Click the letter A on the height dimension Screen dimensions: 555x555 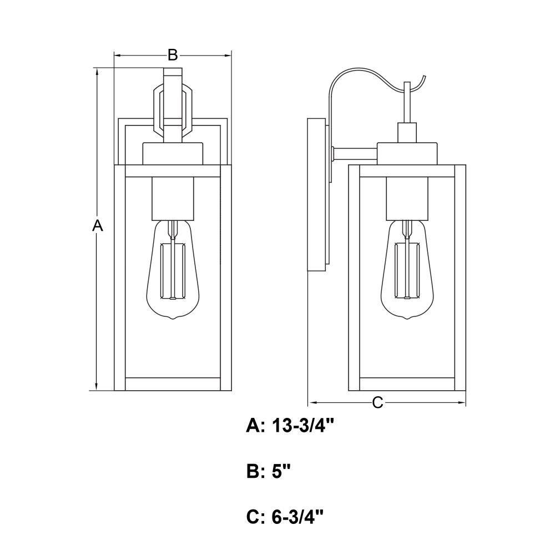pyautogui.click(x=97, y=225)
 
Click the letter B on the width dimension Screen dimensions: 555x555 pyautogui.click(x=173, y=55)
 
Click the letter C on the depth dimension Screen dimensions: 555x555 pyautogui.click(x=377, y=403)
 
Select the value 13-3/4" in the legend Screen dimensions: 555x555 pyautogui.click(x=304, y=426)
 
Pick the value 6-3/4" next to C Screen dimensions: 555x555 pyautogui.click(x=297, y=517)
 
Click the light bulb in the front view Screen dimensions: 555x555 pyautogui.click(x=173, y=270)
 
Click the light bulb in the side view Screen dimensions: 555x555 pyautogui.click(x=407, y=270)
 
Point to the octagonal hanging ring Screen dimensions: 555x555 pyautogui.click(x=154, y=110)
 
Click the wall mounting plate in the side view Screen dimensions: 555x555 pyautogui.click(x=316, y=195)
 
